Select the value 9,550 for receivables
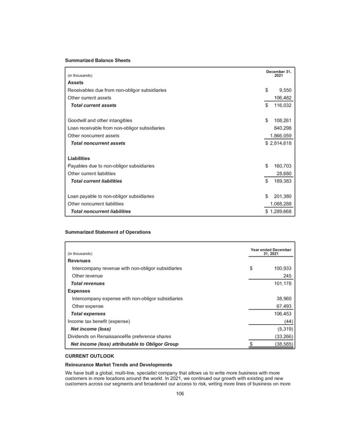pyautogui.click(x=283, y=89)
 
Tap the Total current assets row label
pyautogui.click(x=94, y=105)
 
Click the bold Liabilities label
pyautogui.click(x=80, y=158)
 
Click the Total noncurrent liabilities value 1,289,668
pyautogui.click(x=278, y=211)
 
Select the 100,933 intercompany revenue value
pyautogui.click(x=278, y=268)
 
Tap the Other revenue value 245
pyautogui.click(x=286, y=276)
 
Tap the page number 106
pyautogui.click(x=179, y=393)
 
